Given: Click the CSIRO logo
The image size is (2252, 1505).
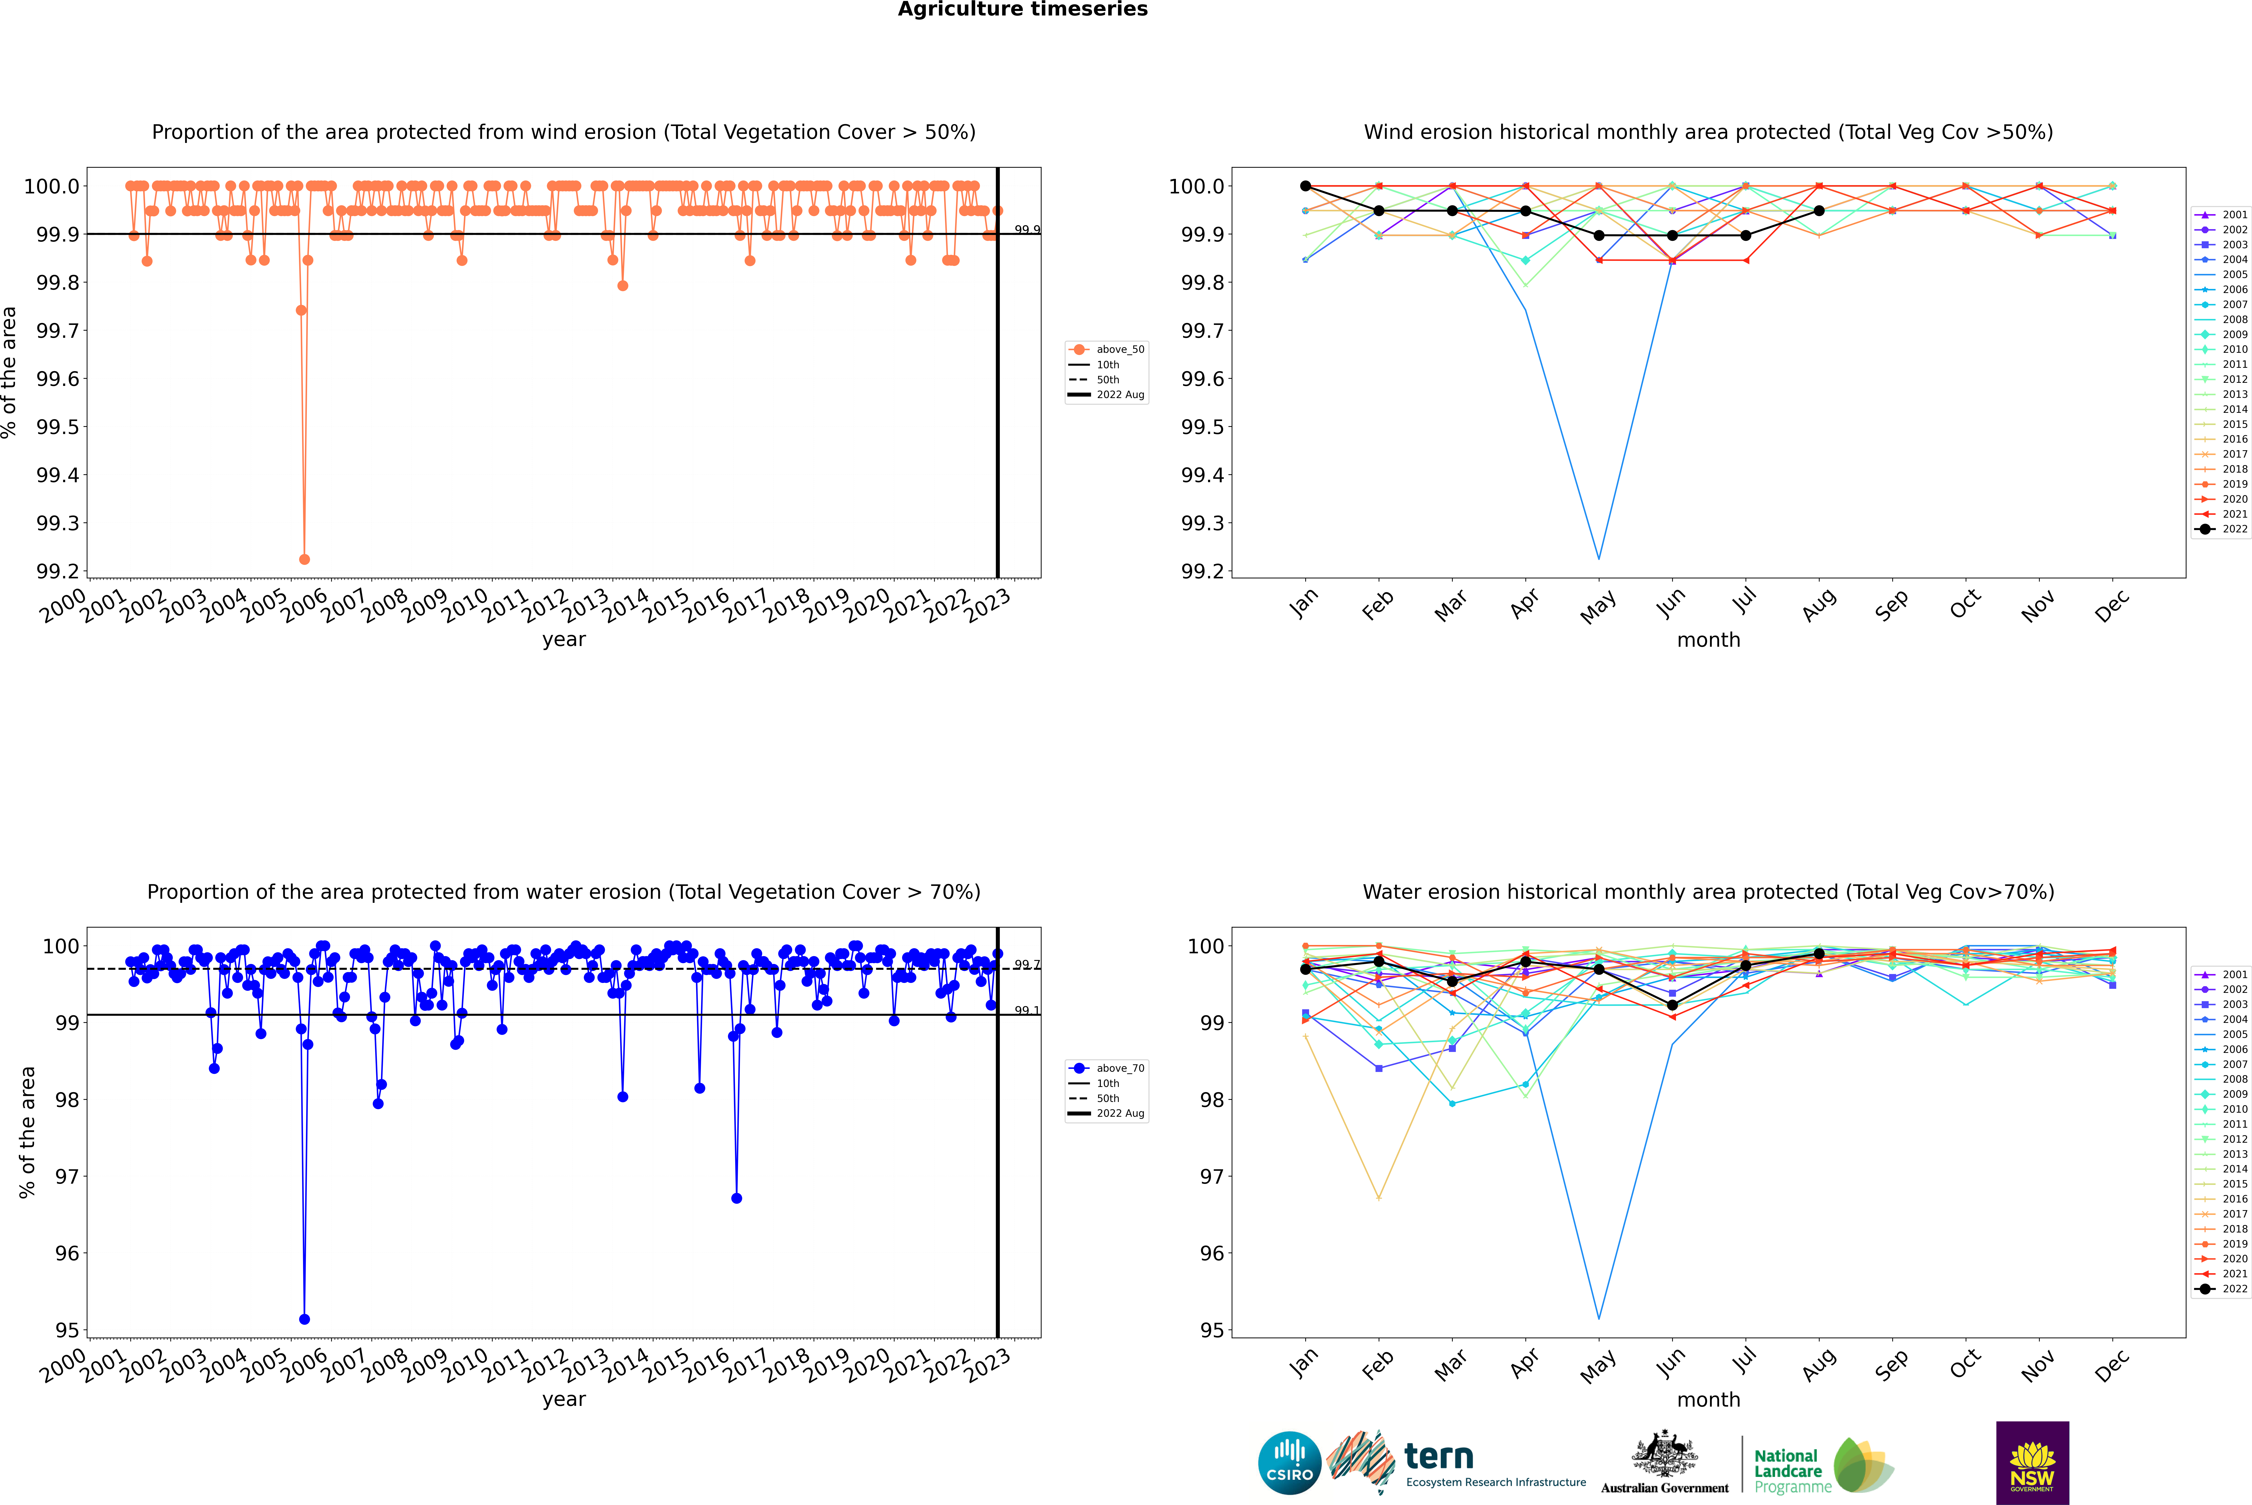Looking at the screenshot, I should pos(1289,1463).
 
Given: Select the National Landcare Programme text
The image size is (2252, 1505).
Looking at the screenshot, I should pos(1787,1470).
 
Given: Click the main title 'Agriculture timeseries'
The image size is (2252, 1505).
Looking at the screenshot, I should pos(1022,10).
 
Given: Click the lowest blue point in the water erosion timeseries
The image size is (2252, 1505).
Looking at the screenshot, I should pos(304,1319).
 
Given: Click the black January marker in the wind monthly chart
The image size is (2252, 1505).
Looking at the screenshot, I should pos(1306,186).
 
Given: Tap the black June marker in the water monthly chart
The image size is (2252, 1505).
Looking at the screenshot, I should pos(1672,1005).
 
